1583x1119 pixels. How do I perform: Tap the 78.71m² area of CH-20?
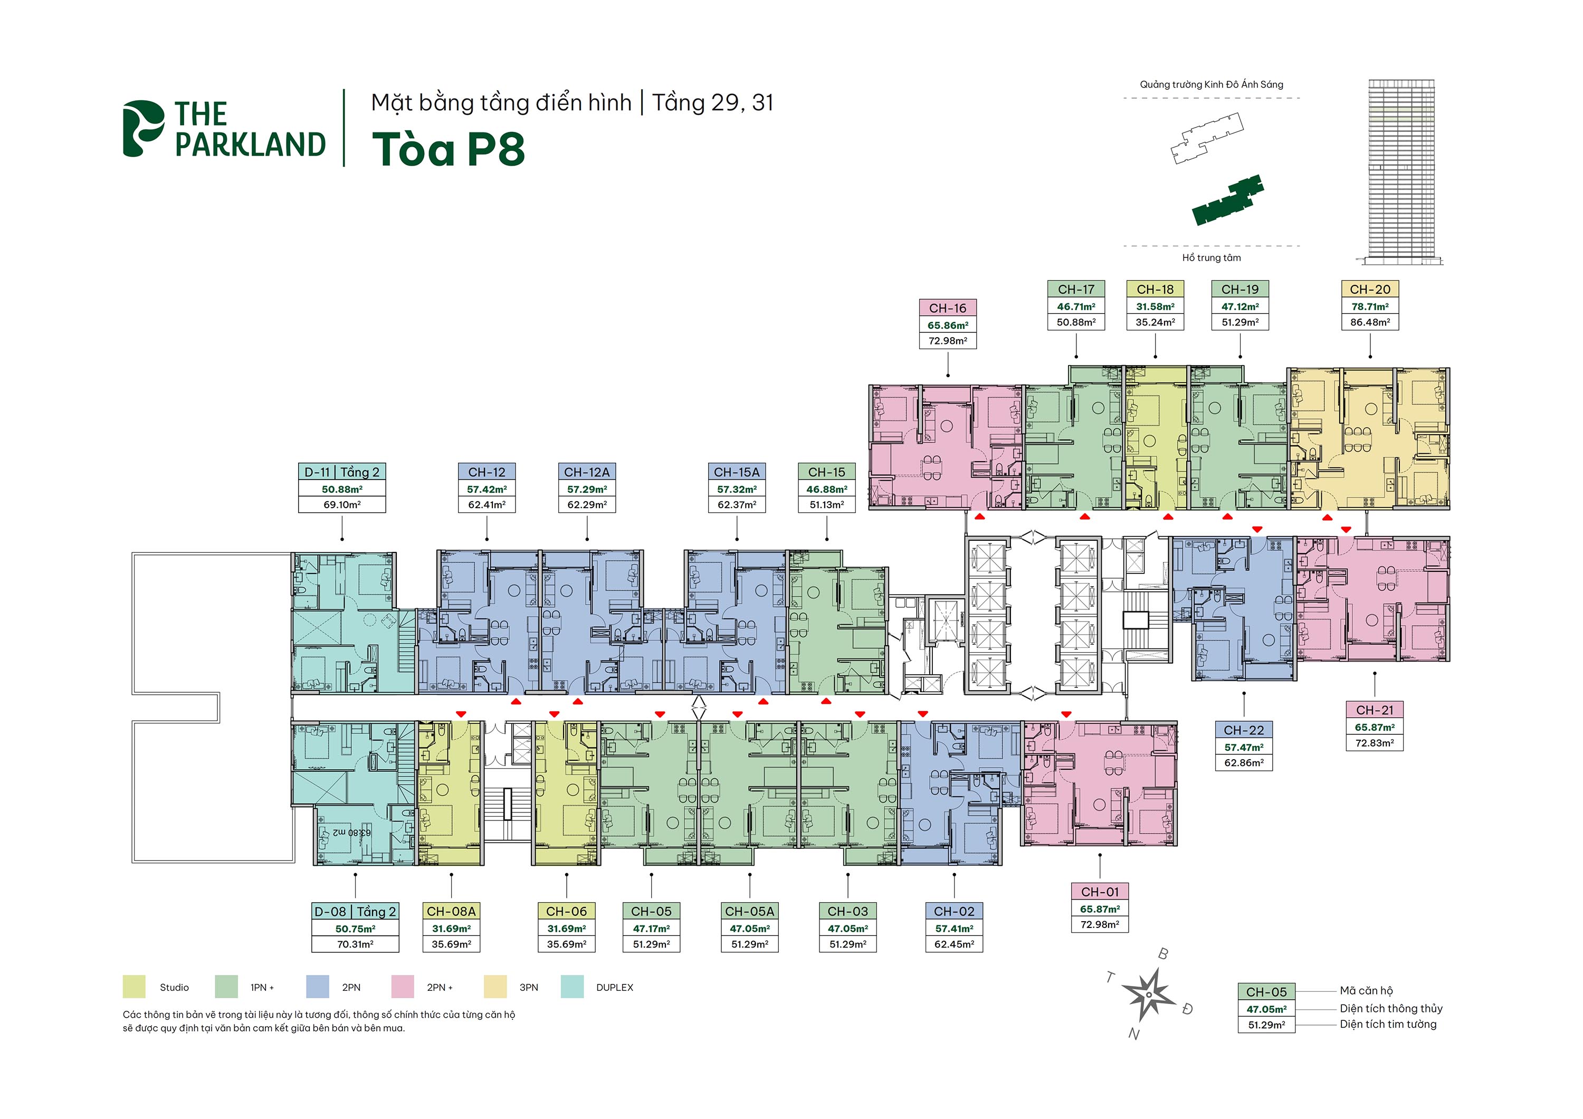(x=1369, y=307)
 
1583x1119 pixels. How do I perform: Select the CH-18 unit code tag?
(x=1155, y=290)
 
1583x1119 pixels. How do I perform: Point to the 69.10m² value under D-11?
(x=342, y=505)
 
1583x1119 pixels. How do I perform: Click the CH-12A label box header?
(x=587, y=472)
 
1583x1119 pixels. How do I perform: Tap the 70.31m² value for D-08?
(x=355, y=944)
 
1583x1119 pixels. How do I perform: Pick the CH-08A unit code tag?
(x=451, y=912)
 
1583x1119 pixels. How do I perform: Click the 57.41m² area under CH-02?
(x=953, y=929)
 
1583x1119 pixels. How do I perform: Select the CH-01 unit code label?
(x=1100, y=892)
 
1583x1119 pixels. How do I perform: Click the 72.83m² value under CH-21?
(x=1374, y=743)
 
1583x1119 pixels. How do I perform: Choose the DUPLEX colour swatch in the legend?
(x=572, y=987)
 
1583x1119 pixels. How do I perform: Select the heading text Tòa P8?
(x=448, y=149)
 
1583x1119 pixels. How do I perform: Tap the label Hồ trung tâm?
(x=1212, y=258)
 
